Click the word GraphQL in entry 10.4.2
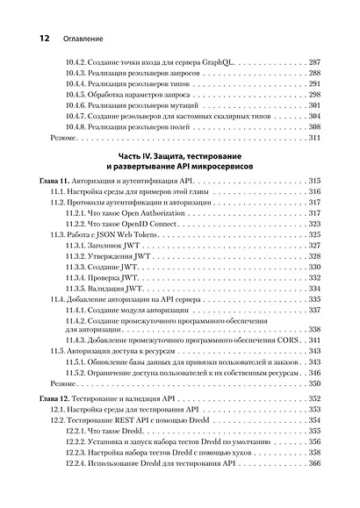tap(211, 64)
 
